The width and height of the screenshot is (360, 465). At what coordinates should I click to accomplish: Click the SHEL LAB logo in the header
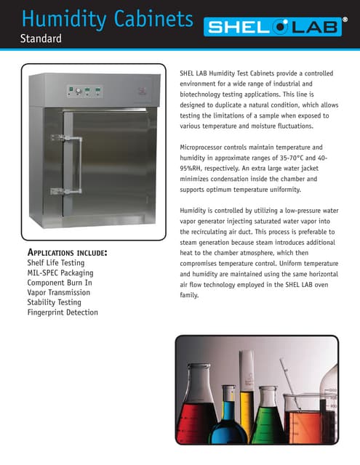pyautogui.click(x=281, y=28)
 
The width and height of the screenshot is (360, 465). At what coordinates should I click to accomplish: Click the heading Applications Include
pyautogui.click(x=68, y=252)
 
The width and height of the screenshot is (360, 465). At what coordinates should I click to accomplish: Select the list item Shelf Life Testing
pyautogui.click(x=55, y=263)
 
